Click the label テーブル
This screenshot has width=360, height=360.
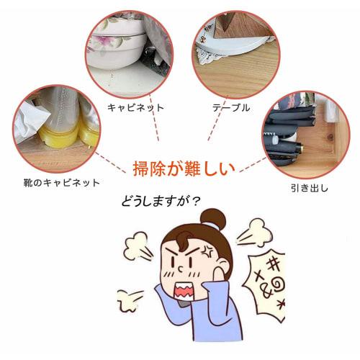pos(230,108)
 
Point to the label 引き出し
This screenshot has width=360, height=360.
pos(312,189)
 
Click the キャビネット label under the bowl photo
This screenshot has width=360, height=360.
pos(135,108)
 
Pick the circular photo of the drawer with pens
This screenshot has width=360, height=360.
pos(302,133)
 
